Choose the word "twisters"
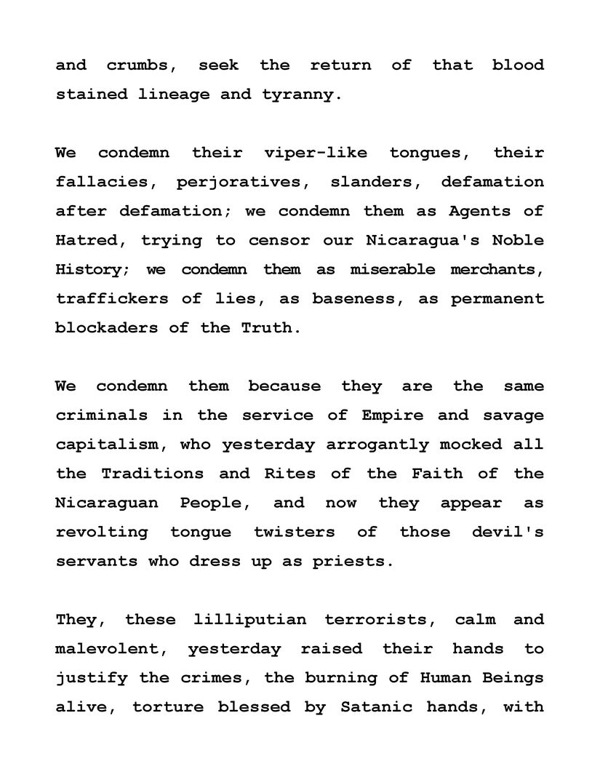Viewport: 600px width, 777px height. point(295,532)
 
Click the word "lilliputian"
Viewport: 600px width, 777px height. point(250,621)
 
